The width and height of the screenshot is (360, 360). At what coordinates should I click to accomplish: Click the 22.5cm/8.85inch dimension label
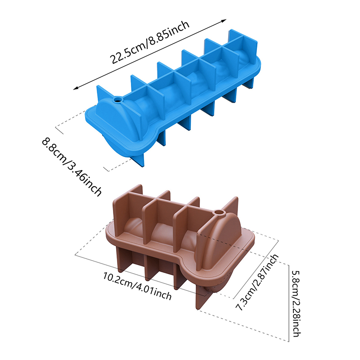pos(149,42)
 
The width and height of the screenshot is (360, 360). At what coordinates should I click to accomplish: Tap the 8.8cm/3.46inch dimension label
pos(72,166)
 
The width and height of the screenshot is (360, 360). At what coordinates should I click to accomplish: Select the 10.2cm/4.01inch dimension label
pos(137,286)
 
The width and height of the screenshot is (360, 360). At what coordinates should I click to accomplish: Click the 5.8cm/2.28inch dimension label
pos(297,303)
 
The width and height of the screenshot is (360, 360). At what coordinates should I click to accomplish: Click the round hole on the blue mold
pos(118,100)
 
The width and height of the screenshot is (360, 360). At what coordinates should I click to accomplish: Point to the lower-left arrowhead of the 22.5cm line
pos(76,88)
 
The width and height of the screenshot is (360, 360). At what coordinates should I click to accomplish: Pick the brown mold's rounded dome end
pos(220,243)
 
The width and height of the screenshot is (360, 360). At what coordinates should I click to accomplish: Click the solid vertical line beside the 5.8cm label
pos(288,303)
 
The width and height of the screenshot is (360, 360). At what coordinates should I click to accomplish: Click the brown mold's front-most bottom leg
pos(202,297)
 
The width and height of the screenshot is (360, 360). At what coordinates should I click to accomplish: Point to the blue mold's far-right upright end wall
pos(243,47)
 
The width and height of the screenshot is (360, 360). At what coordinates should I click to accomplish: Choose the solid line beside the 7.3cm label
pos(256,269)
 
